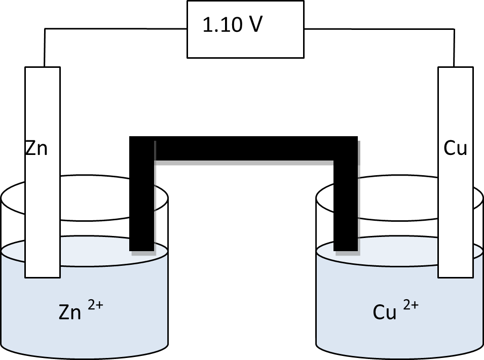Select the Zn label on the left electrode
coord(36,149)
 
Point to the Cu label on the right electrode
coord(455,149)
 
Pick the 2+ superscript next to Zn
coord(95,307)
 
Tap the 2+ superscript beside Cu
coord(411,306)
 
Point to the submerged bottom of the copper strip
coord(455,274)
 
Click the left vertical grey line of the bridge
coord(155,203)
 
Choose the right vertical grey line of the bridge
coord(359,203)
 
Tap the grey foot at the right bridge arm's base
coord(346,252)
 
